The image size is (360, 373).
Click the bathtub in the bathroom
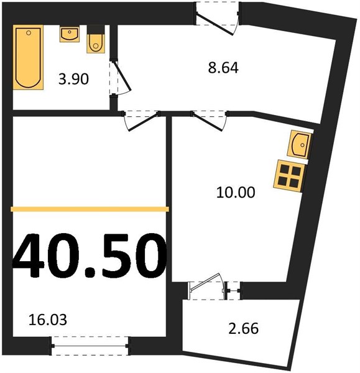point(28,57)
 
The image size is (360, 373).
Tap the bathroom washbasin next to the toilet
point(70,34)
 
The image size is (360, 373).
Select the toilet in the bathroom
point(96,39)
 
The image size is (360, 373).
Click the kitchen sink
point(299,144)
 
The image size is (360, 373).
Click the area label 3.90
point(73,79)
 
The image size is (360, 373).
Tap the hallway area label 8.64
point(223,68)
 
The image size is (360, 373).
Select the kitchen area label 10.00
point(236,192)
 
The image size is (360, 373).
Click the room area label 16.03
point(48,320)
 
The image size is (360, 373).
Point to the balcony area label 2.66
point(243,328)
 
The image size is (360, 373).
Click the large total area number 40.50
point(89,256)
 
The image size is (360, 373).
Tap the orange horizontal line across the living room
point(90,209)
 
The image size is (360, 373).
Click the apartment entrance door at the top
point(217,19)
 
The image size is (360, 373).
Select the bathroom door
point(119,78)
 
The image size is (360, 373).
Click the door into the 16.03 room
point(141,121)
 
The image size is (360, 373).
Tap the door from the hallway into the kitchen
point(210,121)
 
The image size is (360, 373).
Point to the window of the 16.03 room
point(90,346)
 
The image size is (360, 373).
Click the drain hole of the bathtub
point(29,33)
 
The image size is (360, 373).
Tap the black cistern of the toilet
point(96,29)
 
